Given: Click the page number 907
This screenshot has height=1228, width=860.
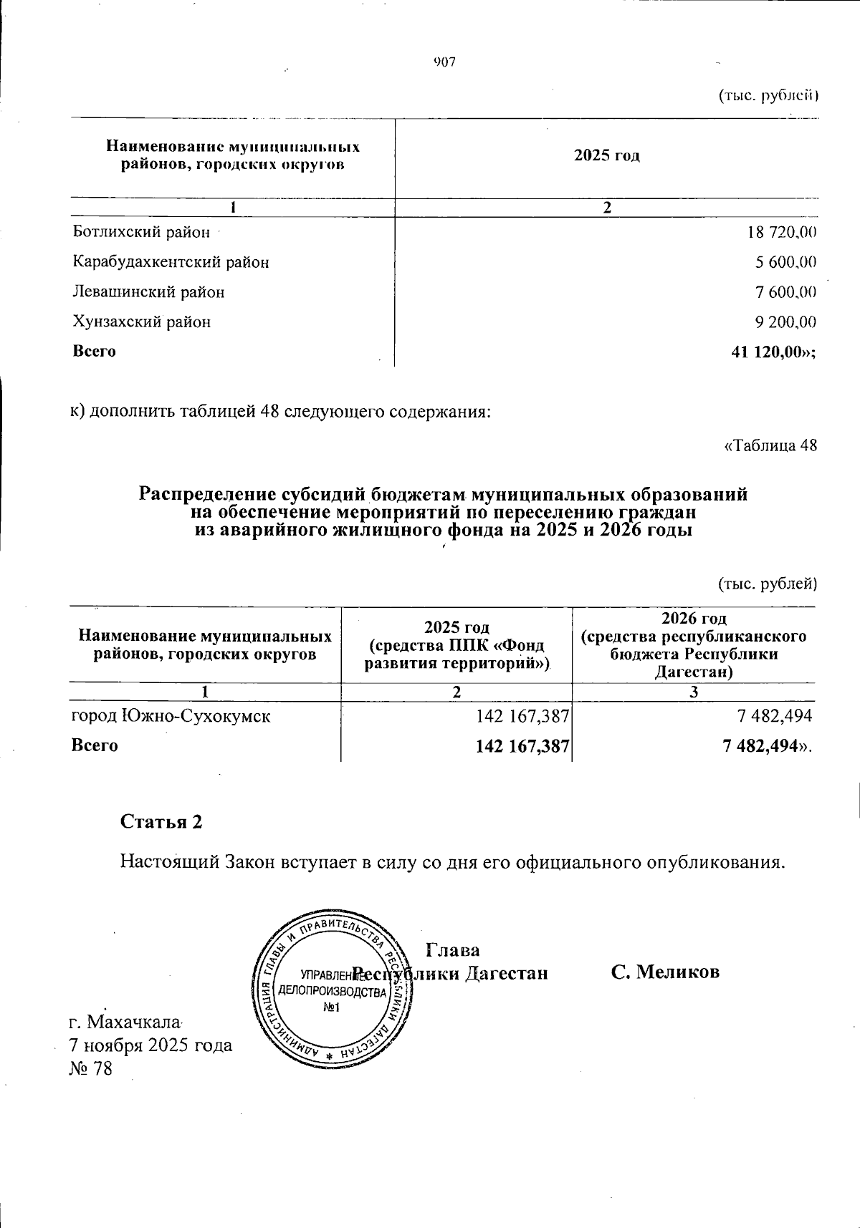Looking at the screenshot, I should click(x=444, y=62).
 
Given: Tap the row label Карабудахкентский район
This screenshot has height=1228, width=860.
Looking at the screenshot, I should click(x=171, y=262).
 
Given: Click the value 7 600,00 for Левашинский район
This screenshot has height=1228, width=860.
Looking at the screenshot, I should click(x=785, y=292).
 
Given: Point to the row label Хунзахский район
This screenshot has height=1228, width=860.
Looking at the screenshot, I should click(x=142, y=322).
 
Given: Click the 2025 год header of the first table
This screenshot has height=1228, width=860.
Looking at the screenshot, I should click(x=606, y=155).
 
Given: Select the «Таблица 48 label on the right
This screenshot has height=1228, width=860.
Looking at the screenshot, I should click(x=771, y=445).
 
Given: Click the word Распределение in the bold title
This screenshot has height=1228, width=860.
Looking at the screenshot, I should click(x=206, y=494).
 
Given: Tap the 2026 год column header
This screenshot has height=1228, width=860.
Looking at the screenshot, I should click(x=693, y=618).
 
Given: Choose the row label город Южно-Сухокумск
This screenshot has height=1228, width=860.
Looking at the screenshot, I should click(x=171, y=715).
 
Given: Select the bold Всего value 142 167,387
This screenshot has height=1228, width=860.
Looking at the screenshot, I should click(x=522, y=745).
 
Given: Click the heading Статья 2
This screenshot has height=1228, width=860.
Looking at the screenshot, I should click(x=161, y=821).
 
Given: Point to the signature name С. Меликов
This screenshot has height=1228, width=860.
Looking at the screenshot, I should click(x=665, y=972).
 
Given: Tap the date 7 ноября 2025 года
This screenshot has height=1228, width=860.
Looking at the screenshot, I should click(x=150, y=1045).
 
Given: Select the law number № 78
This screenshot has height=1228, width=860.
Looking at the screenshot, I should click(x=91, y=1069).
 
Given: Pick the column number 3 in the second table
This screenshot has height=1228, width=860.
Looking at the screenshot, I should click(x=693, y=692).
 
